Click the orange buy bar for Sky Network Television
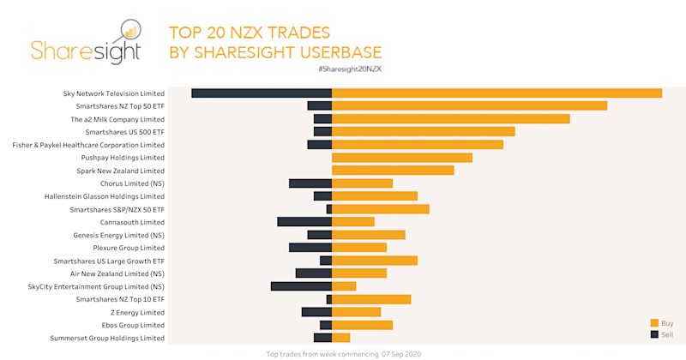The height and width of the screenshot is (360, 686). pos(496,93)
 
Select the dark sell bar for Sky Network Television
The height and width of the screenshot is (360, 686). pos(262,93)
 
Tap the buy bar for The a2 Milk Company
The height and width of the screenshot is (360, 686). pos(450,119)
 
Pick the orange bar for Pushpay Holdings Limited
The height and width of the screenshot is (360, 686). pos(401,158)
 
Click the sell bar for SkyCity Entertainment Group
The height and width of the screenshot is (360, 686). pos(301,286)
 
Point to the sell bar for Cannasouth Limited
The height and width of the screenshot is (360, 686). pos(304,222)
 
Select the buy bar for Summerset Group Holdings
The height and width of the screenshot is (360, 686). pos(340,338)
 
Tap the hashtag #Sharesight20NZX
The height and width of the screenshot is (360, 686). pos(348,68)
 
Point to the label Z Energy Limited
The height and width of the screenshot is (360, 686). pos(136,312)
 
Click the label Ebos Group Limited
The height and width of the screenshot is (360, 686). pos(132,325)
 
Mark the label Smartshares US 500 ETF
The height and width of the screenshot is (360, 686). pos(125,132)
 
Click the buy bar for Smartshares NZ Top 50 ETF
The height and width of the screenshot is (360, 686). pos(469,105)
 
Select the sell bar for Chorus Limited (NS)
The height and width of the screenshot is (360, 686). pos(310,183)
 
